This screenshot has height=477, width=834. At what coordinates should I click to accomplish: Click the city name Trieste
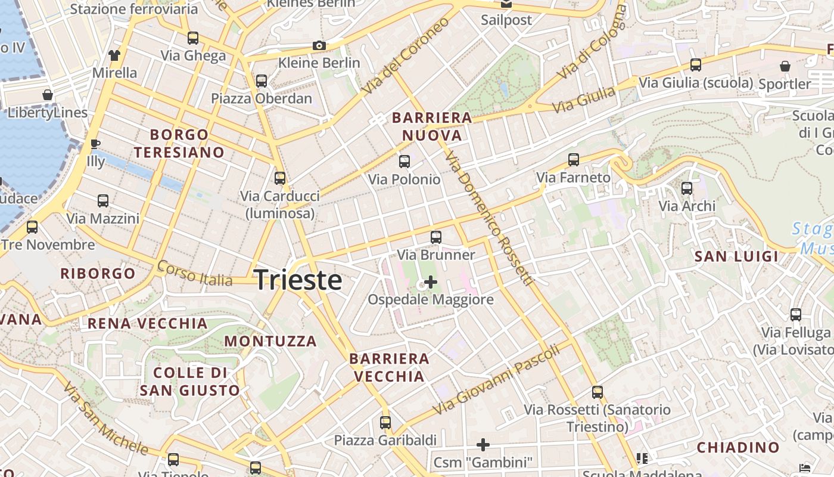tap(298, 280)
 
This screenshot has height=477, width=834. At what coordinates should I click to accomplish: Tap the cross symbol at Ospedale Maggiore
tap(430, 282)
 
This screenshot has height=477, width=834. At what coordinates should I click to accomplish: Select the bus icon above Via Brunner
tap(436, 237)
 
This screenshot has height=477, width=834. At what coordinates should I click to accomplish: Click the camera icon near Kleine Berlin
tap(319, 45)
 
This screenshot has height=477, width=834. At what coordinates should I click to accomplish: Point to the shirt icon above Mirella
tap(114, 55)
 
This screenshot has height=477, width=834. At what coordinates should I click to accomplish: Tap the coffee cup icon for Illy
tap(95, 144)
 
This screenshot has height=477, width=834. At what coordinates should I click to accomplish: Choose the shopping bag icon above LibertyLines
tap(48, 95)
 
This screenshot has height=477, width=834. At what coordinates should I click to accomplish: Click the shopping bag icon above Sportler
tap(785, 66)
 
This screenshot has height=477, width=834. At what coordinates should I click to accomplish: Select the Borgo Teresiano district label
tap(179, 144)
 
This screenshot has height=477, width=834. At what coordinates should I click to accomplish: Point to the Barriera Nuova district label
tap(432, 126)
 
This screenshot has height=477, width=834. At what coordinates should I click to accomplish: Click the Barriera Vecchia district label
tap(389, 367)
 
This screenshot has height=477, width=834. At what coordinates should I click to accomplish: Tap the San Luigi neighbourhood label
tap(737, 256)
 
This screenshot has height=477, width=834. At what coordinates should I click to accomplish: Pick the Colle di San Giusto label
tap(190, 382)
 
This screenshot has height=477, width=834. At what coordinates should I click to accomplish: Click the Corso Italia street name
tap(194, 274)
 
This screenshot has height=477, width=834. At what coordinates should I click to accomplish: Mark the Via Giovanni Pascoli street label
tap(497, 380)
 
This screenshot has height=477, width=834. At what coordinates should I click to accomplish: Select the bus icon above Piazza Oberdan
tap(262, 81)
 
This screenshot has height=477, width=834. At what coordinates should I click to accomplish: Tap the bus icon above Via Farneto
tap(574, 160)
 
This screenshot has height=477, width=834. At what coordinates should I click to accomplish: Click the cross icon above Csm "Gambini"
tap(483, 445)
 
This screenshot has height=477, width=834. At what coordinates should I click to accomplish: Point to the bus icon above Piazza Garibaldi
tap(385, 423)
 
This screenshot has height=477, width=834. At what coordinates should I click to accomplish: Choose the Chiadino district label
tap(738, 447)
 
